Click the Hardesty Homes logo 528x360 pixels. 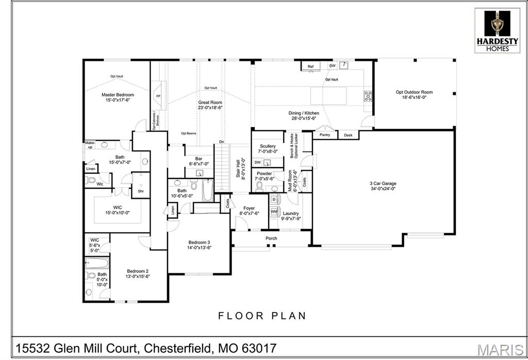tap(498, 30)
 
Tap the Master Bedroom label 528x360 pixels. tap(118, 95)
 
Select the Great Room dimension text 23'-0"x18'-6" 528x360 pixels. tap(210, 108)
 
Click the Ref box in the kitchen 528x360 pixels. tap(310, 67)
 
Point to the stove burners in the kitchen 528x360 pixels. tap(368, 95)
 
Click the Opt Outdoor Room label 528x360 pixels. tap(414, 92)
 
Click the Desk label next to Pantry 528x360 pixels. tap(348, 135)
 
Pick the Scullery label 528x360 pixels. tap(268, 146)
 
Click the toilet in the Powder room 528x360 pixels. tap(260, 186)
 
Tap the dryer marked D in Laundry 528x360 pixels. tap(274, 200)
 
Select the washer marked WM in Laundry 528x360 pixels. tap(274, 211)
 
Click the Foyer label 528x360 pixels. tap(249, 208)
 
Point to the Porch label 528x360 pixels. tap(271, 238)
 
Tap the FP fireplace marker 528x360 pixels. tap(158, 96)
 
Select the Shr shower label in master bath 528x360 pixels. tap(140, 191)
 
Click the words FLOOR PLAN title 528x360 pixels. tap(262, 316)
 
